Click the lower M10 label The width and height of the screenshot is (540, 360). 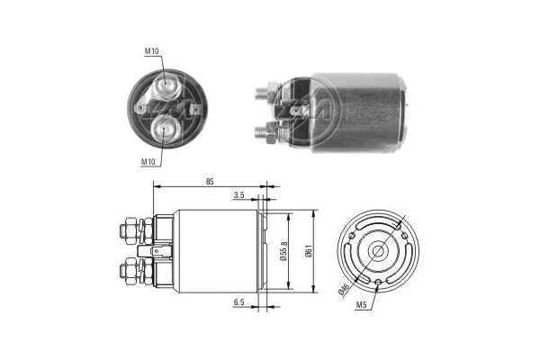coord(150,161)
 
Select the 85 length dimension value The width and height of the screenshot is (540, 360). coord(210,183)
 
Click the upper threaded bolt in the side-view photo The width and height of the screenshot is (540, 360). coord(266,91)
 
